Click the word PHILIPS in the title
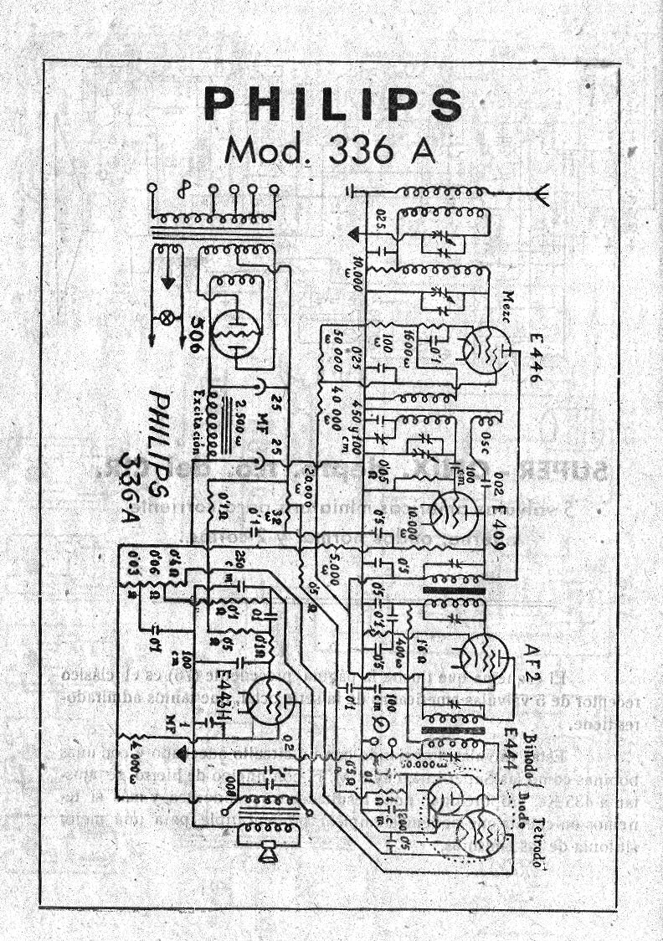(x=332, y=105)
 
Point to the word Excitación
(x=198, y=423)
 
